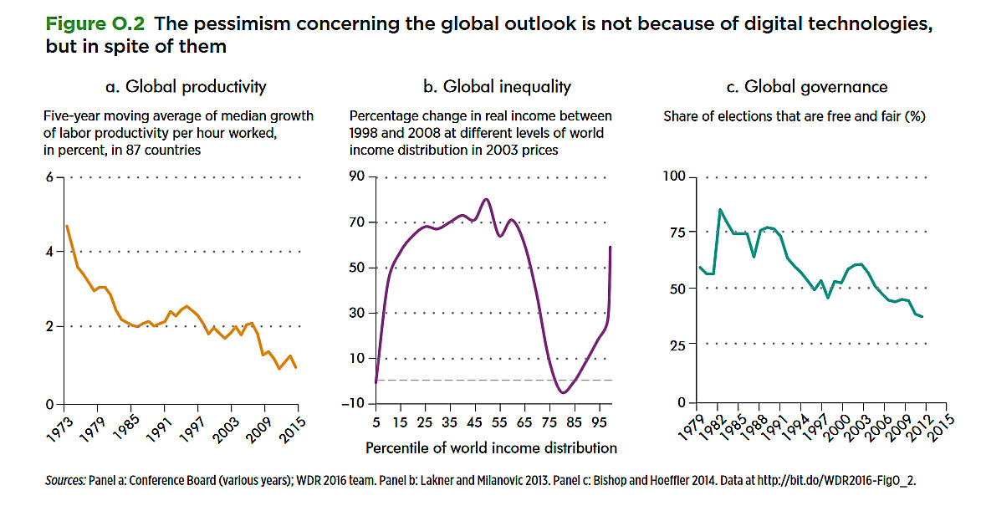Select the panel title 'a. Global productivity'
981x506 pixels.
pos(181,86)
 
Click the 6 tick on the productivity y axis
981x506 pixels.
pos(49,177)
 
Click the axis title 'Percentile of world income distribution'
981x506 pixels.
pos(491,447)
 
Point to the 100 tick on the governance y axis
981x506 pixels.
pos(673,177)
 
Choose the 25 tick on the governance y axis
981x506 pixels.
pos(677,343)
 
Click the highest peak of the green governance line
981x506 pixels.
pos(720,209)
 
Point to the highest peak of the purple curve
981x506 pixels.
pos(485,198)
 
